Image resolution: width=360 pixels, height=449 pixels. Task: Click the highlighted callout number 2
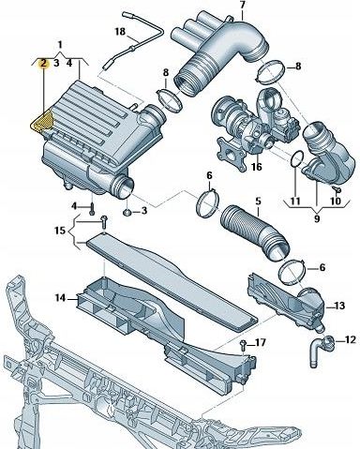[43, 63]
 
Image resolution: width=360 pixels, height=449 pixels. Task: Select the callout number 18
[119, 32]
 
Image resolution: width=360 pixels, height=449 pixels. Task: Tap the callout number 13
[339, 306]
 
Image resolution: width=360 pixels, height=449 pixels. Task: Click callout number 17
[262, 343]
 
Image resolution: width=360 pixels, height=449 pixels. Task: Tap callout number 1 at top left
[61, 44]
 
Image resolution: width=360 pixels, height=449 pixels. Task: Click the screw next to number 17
[243, 345]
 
